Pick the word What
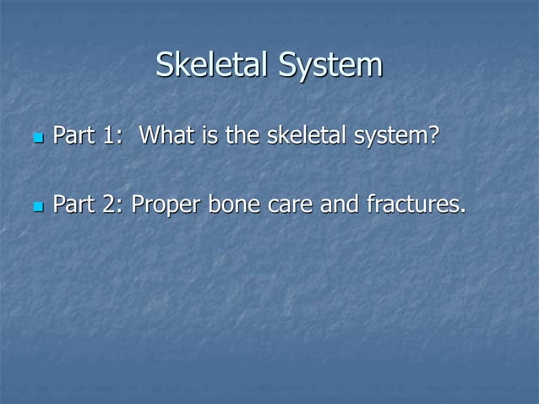click(167, 135)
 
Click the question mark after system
click(434, 135)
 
